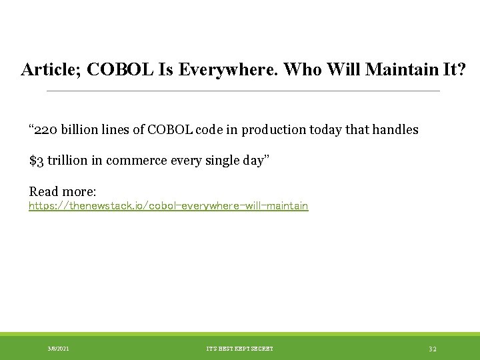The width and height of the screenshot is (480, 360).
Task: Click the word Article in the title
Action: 49,69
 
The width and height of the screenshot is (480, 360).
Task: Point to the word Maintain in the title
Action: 395,69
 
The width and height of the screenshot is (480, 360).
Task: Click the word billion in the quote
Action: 83,130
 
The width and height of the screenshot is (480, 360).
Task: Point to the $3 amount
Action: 37,161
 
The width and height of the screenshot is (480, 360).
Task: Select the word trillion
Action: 69,161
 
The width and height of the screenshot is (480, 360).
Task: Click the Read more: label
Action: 63,191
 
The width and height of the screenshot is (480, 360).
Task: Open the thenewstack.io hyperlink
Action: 168,206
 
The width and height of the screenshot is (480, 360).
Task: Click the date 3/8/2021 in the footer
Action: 58,349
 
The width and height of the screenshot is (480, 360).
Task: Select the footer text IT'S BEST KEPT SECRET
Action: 240,349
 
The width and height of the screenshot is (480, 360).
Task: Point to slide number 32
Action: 433,349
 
